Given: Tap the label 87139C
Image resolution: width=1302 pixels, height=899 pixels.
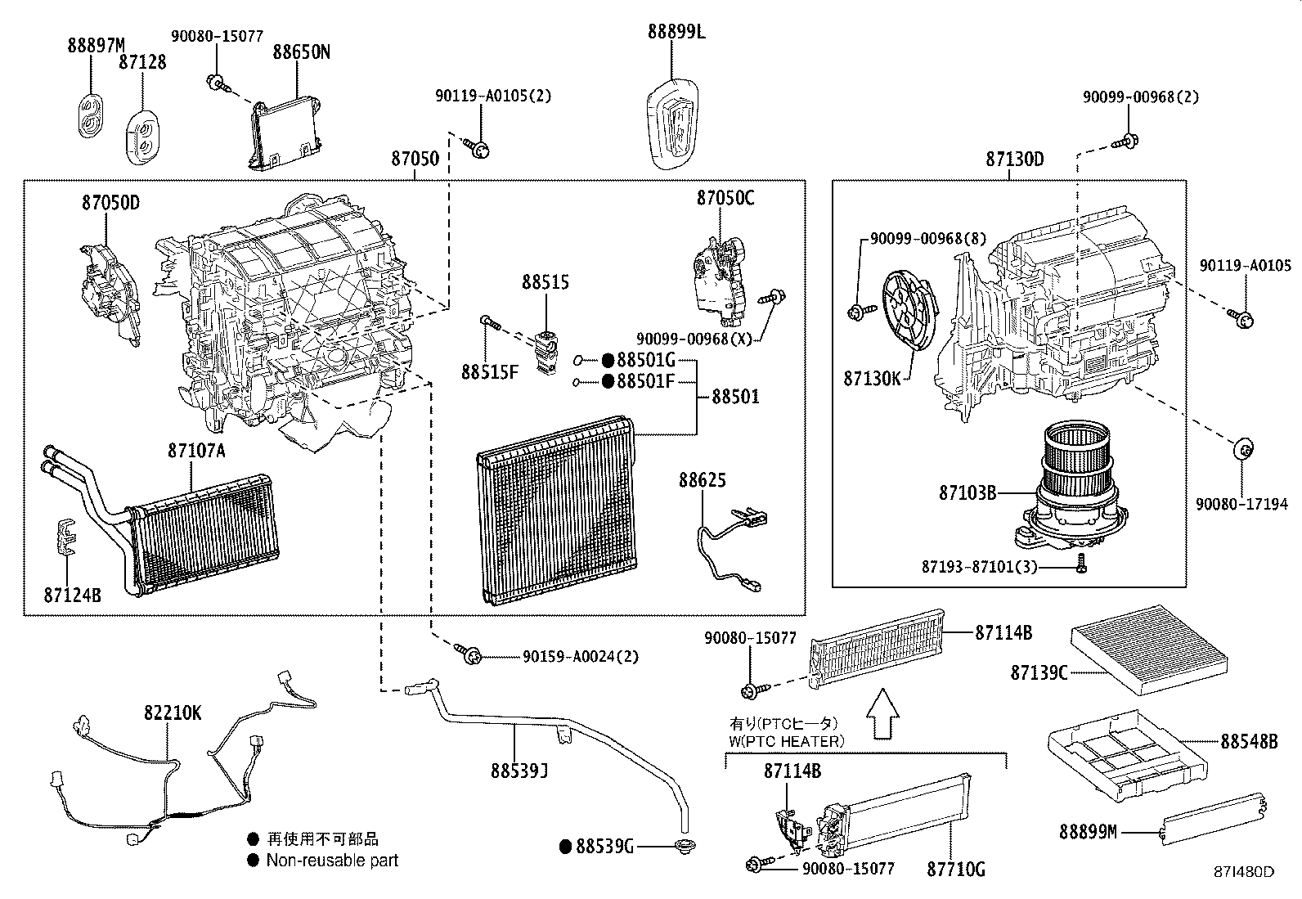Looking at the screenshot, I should coord(1039,672).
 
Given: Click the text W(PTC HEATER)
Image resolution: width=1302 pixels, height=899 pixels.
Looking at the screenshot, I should coord(786,741).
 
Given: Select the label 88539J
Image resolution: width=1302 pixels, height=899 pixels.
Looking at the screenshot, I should coord(519,771).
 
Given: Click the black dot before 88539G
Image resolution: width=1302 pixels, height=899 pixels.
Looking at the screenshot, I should coord(566,847).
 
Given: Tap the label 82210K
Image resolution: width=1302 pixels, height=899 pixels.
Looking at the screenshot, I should coord(172,712).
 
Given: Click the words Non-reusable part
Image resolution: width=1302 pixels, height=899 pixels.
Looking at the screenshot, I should coord(332,861).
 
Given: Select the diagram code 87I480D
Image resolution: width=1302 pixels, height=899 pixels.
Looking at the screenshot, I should coord(1245,872).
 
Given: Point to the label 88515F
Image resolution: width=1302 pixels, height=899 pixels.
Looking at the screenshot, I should coord(489,372).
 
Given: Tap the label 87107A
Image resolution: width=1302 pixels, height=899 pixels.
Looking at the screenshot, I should coord(196,450).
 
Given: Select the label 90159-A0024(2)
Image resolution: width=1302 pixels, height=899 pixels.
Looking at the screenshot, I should coord(581,656).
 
